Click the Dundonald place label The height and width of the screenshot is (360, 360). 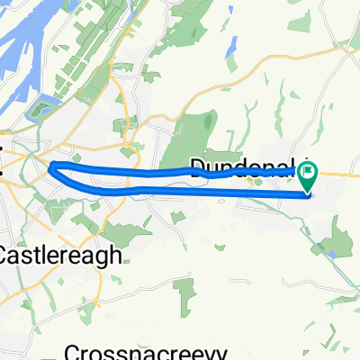243,166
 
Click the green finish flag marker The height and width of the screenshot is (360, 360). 308,171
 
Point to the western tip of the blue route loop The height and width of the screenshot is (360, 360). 51,165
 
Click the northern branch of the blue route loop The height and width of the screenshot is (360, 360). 135,170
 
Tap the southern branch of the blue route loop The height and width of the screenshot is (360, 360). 180,189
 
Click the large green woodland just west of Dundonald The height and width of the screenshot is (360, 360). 202,135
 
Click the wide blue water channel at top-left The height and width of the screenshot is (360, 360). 18,54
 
